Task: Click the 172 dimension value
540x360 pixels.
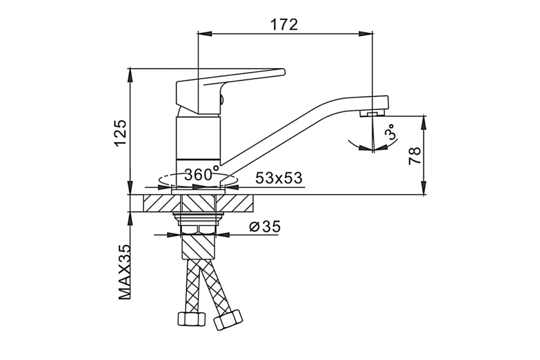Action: (x=284, y=25)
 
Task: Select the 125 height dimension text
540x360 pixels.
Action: (x=121, y=133)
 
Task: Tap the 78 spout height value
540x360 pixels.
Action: (x=414, y=156)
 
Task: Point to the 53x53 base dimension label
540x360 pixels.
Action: (x=279, y=178)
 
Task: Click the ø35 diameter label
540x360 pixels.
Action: (x=265, y=226)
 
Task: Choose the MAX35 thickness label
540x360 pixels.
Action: (x=124, y=272)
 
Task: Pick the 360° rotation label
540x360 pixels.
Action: (x=202, y=174)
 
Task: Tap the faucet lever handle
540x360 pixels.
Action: (x=230, y=91)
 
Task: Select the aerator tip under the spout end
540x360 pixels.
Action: (x=372, y=113)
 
